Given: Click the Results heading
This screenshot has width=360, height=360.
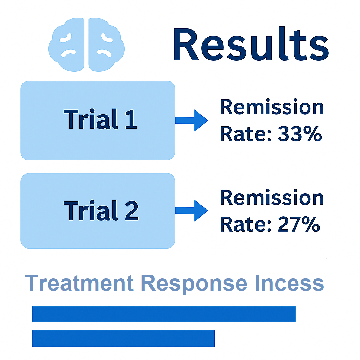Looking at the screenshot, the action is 251,44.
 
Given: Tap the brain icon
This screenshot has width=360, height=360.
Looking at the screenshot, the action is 86,45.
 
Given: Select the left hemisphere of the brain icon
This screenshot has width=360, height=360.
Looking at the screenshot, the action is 66,45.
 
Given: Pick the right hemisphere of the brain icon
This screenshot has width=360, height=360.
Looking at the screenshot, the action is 106,45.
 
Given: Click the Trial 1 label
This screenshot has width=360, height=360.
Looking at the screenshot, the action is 100,119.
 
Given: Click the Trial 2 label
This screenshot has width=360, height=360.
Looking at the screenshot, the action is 101,210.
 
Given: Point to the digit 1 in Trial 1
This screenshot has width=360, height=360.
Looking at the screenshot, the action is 131,119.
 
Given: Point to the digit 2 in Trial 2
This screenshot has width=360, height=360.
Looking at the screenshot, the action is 131,210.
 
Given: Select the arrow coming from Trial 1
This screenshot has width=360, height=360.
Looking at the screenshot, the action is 192,121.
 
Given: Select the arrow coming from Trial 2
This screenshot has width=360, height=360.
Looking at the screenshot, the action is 192,211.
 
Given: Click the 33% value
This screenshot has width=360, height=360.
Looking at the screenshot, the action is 300,134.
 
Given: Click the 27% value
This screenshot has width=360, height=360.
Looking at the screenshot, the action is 299,224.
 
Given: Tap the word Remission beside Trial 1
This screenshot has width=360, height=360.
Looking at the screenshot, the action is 272,107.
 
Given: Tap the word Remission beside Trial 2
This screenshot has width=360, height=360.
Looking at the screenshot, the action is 272,197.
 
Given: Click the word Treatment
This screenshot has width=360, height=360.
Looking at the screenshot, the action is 79,283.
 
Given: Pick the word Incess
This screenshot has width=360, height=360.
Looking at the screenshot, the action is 289,283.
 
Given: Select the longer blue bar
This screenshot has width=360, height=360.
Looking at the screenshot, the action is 164,314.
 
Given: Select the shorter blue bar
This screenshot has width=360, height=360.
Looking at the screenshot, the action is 123,338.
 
